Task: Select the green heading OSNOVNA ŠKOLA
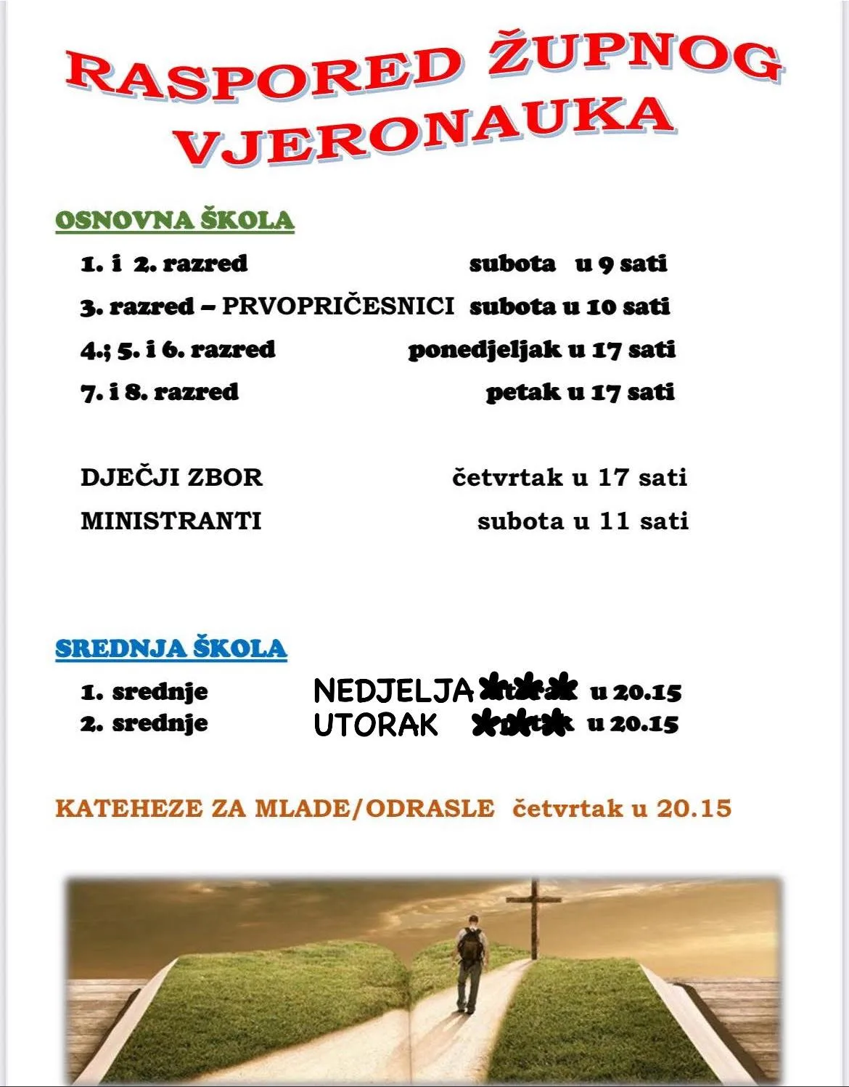(x=175, y=220)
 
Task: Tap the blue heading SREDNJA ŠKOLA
(x=171, y=648)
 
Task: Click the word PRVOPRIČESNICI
(x=337, y=306)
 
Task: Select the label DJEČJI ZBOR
(x=171, y=478)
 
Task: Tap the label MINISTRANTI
(x=171, y=521)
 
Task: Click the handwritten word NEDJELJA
(x=393, y=691)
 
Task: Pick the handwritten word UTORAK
(x=376, y=725)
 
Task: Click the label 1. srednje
(x=144, y=692)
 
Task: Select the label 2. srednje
(x=144, y=724)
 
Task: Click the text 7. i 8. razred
(x=160, y=393)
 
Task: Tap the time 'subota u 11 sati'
(x=583, y=521)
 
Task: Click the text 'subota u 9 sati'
(x=568, y=264)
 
